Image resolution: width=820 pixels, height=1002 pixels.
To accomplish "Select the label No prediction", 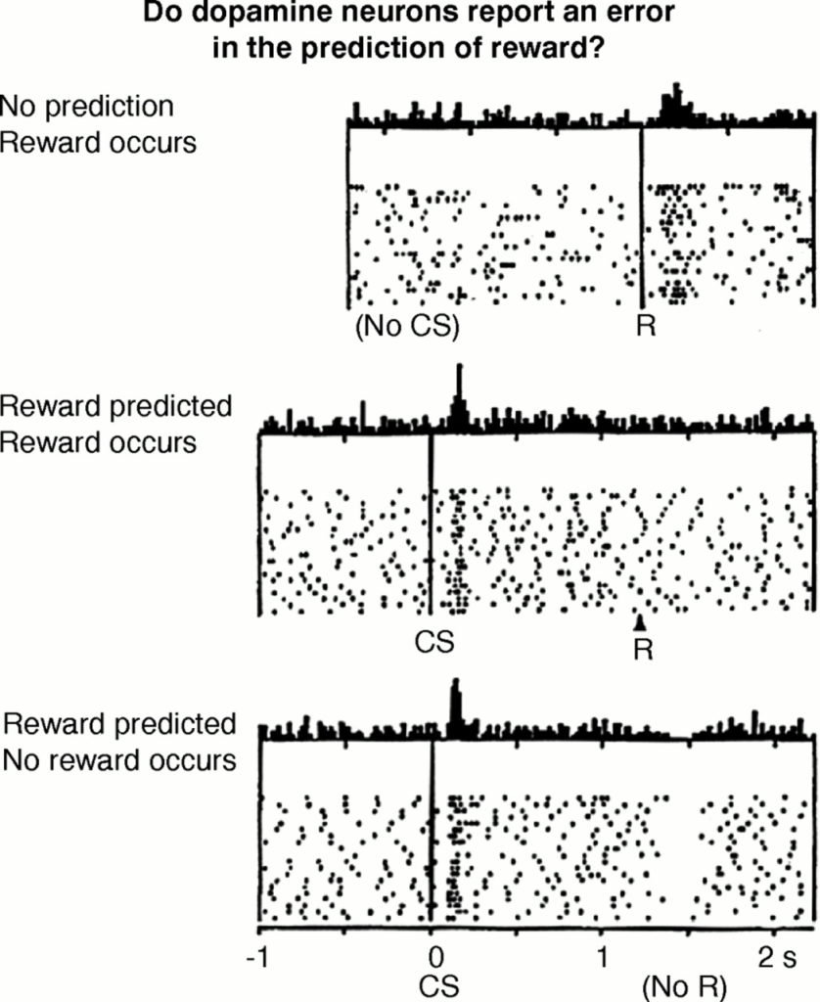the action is pyautogui.click(x=87, y=106).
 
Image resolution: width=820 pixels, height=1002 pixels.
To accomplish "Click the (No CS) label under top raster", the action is pyautogui.click(x=407, y=327).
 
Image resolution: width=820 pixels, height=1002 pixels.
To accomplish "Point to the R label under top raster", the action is pyautogui.click(x=646, y=326).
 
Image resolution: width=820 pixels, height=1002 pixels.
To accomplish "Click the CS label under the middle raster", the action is pyautogui.click(x=434, y=642).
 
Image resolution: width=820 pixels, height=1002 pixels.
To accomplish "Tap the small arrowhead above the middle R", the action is pyautogui.click(x=640, y=621).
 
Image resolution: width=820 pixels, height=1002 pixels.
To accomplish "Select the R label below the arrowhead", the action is pyautogui.click(x=644, y=650).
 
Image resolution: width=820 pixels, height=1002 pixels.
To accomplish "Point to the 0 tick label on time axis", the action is pyautogui.click(x=434, y=958).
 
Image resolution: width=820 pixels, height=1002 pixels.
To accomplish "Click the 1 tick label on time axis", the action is pyautogui.click(x=603, y=958).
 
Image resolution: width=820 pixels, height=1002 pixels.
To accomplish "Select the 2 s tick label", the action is pyautogui.click(x=778, y=958).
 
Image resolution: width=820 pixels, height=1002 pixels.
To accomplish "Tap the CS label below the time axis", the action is pyautogui.click(x=439, y=986).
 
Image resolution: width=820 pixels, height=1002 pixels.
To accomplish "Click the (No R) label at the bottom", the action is pyautogui.click(x=685, y=987).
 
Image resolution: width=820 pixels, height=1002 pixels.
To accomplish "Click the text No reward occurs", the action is pyautogui.click(x=119, y=760).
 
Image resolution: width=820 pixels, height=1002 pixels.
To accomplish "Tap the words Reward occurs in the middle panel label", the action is pyautogui.click(x=99, y=442).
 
